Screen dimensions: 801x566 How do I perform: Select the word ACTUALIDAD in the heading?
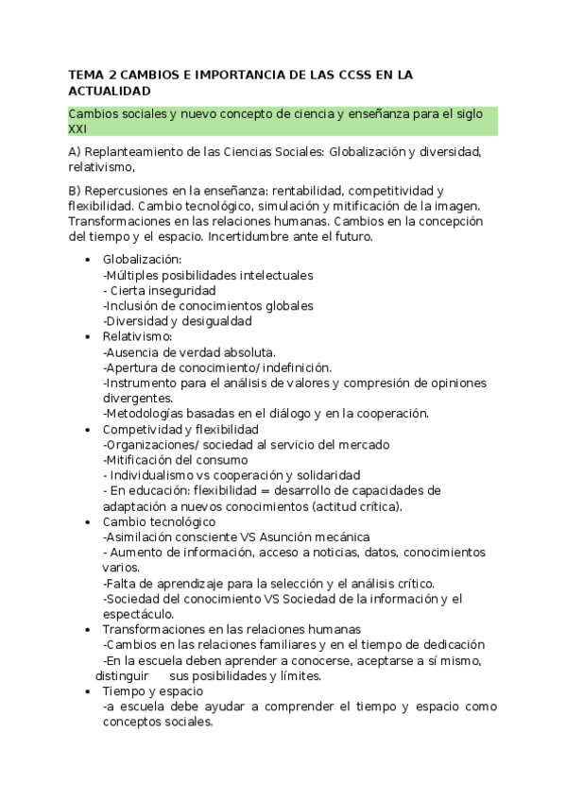pyautogui.click(x=110, y=92)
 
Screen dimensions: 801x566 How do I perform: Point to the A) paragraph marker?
pyautogui.click(x=76, y=152)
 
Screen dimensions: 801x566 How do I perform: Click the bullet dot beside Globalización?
pyautogui.click(x=89, y=260)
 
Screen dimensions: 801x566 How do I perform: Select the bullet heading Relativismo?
pyautogui.click(x=137, y=336)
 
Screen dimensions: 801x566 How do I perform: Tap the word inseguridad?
pyautogui.click(x=181, y=290)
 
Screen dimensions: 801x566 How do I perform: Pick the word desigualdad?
pyautogui.click(x=213, y=321)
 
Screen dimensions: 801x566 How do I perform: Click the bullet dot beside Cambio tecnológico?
pyautogui.click(x=89, y=521)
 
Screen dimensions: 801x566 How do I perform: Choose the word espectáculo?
pyautogui.click(x=139, y=614)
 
